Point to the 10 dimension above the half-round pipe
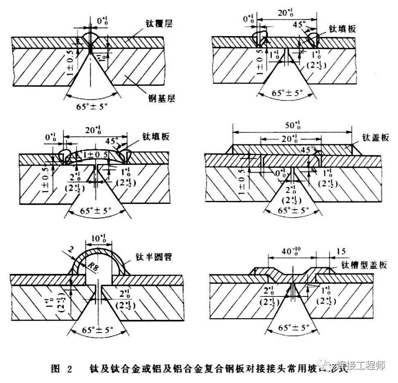coord(97,239)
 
